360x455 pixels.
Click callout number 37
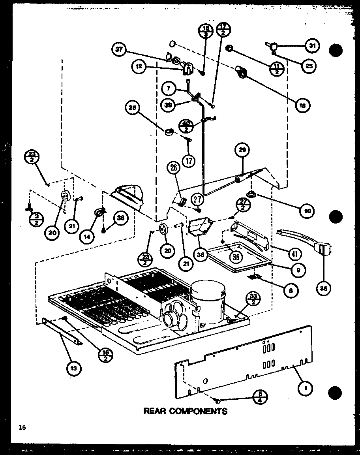119,49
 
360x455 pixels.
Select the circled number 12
139,67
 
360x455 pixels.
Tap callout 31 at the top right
312,46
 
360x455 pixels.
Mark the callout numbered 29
242,150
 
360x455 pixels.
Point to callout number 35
323,288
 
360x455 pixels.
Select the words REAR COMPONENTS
185,411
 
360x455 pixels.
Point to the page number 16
22,427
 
